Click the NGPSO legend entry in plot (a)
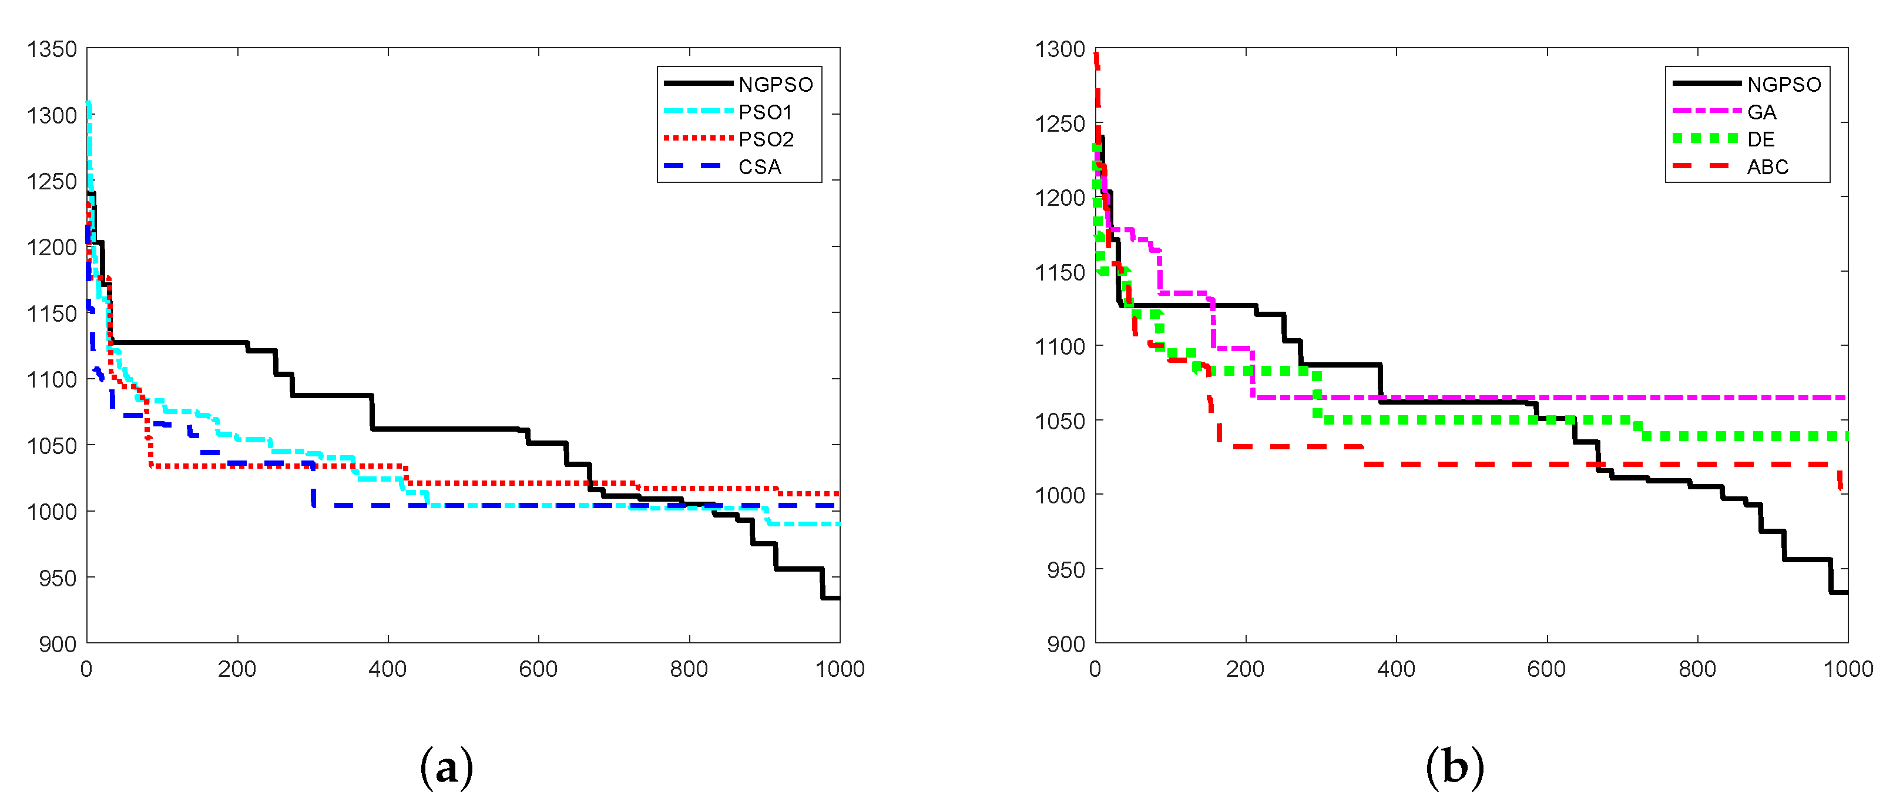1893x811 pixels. click(x=776, y=85)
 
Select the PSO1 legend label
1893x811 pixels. click(x=765, y=112)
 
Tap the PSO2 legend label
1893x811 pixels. click(x=766, y=140)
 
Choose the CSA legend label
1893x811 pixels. click(x=759, y=167)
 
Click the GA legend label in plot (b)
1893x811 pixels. click(x=1761, y=112)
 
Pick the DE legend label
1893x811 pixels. click(x=1761, y=140)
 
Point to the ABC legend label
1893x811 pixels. click(x=1767, y=167)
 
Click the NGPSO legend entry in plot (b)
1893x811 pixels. click(x=1784, y=85)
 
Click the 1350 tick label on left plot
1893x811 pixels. click(x=52, y=49)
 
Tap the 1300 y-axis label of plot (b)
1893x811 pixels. click(x=1060, y=49)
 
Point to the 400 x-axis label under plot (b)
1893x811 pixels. click(x=1396, y=669)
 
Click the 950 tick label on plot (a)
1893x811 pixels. click(x=58, y=578)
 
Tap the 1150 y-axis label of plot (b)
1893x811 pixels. click(x=1060, y=273)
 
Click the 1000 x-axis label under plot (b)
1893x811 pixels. click(x=1847, y=669)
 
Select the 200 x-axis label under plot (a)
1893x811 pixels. click(x=237, y=669)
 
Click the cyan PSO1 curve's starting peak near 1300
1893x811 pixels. click(x=89, y=105)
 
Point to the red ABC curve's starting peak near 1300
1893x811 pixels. click(x=1096, y=56)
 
